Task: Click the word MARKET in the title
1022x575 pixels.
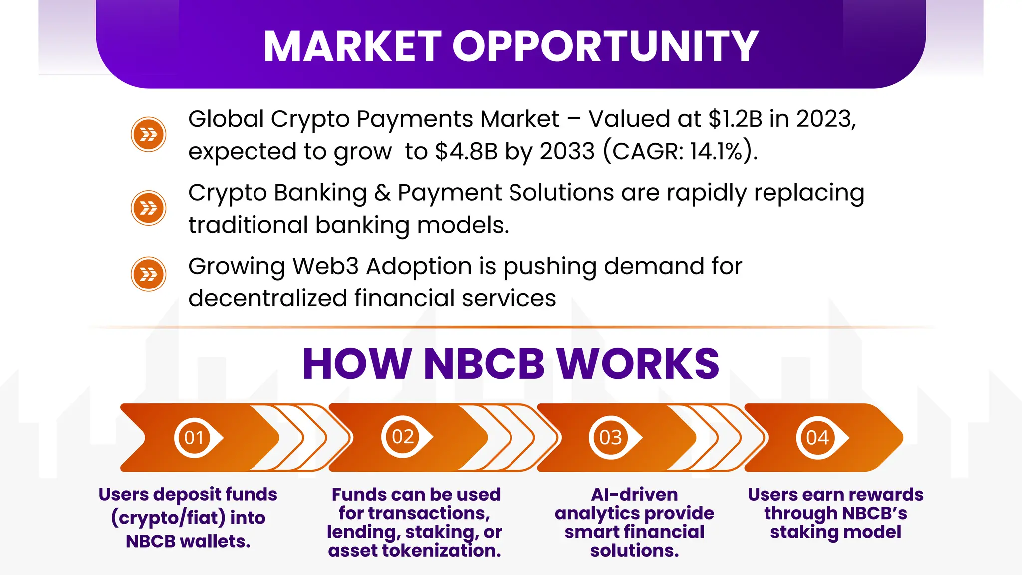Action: tap(352, 46)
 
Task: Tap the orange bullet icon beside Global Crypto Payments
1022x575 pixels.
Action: tap(148, 134)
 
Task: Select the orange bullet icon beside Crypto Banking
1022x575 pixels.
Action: tap(148, 208)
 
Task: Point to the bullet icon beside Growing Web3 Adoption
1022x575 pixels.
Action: tap(148, 274)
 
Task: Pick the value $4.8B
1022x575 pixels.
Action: tap(466, 151)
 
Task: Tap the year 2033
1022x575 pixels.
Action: tap(567, 151)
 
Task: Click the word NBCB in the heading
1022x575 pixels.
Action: tap(484, 364)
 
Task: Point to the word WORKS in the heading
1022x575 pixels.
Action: tap(638, 364)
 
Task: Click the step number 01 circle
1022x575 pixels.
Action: tap(194, 438)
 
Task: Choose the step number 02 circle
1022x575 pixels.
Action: tap(403, 437)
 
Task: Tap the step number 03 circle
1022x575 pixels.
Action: tap(611, 438)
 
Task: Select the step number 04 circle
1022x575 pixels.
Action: tap(817, 438)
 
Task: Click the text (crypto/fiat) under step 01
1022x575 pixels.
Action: tap(168, 518)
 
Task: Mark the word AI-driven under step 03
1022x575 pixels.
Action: tap(634, 495)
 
